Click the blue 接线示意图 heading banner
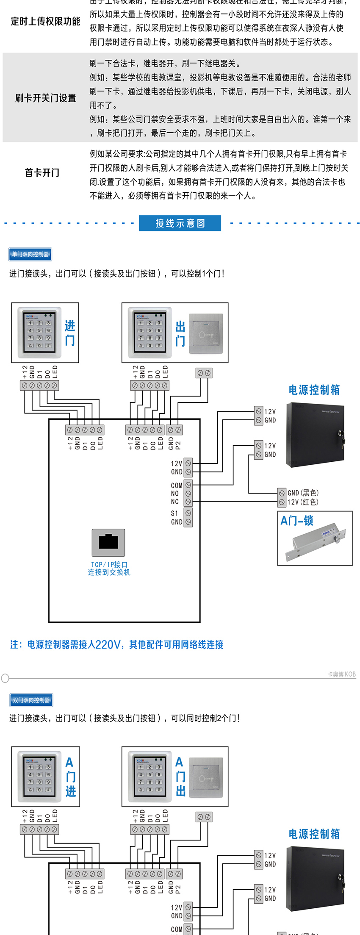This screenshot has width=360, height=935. click(x=180, y=223)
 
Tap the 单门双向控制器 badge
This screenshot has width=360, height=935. click(x=30, y=254)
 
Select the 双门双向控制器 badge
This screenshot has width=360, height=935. click(x=31, y=700)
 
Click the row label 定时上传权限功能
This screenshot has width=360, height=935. click(x=45, y=22)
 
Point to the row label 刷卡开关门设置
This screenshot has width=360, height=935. click(x=45, y=98)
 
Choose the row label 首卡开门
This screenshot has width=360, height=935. click(x=42, y=173)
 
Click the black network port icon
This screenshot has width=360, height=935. click(x=108, y=542)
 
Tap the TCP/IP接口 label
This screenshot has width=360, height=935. click(x=109, y=565)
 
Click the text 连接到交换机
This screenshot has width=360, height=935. click(x=109, y=572)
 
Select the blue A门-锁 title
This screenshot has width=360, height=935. click(x=297, y=521)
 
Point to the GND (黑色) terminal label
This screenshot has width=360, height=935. click(x=303, y=493)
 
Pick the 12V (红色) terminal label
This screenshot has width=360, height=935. click(x=303, y=502)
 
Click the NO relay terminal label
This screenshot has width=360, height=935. click(x=175, y=494)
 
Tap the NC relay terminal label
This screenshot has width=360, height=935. click(x=175, y=502)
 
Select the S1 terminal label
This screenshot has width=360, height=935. click(x=175, y=513)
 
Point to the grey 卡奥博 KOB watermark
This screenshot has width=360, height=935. click(x=341, y=674)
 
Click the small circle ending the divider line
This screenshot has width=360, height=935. click(x=5, y=678)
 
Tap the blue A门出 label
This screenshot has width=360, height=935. click(x=180, y=777)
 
